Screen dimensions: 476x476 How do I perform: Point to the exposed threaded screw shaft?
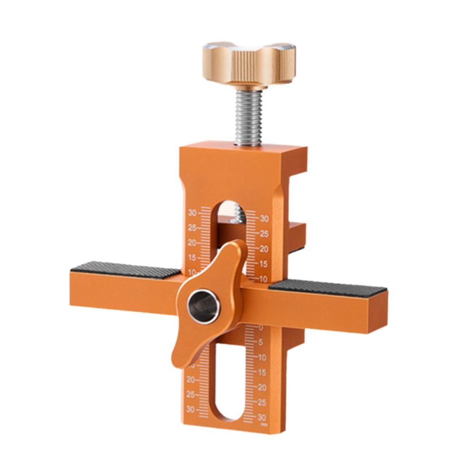(248, 117)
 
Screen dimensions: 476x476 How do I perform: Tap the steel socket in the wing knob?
(204, 306)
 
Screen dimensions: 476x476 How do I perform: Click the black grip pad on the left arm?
(126, 270)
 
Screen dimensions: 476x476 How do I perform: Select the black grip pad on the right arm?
(328, 287)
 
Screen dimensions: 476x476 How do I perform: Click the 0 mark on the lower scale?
(261, 328)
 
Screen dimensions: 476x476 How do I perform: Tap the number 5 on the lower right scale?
(261, 342)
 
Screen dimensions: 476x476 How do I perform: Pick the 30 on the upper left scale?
(193, 212)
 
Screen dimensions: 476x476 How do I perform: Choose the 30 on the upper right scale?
(264, 218)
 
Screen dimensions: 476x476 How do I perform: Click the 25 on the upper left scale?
(192, 227)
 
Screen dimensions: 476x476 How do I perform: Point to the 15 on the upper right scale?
(263, 263)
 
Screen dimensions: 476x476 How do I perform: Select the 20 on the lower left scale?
(191, 379)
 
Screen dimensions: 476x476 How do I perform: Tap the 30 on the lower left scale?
(191, 409)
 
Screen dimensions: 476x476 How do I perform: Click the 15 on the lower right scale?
(262, 372)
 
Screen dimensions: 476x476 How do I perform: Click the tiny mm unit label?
(264, 424)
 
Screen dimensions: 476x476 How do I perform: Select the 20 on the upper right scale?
(263, 249)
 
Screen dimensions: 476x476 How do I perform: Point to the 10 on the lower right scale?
(262, 357)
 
